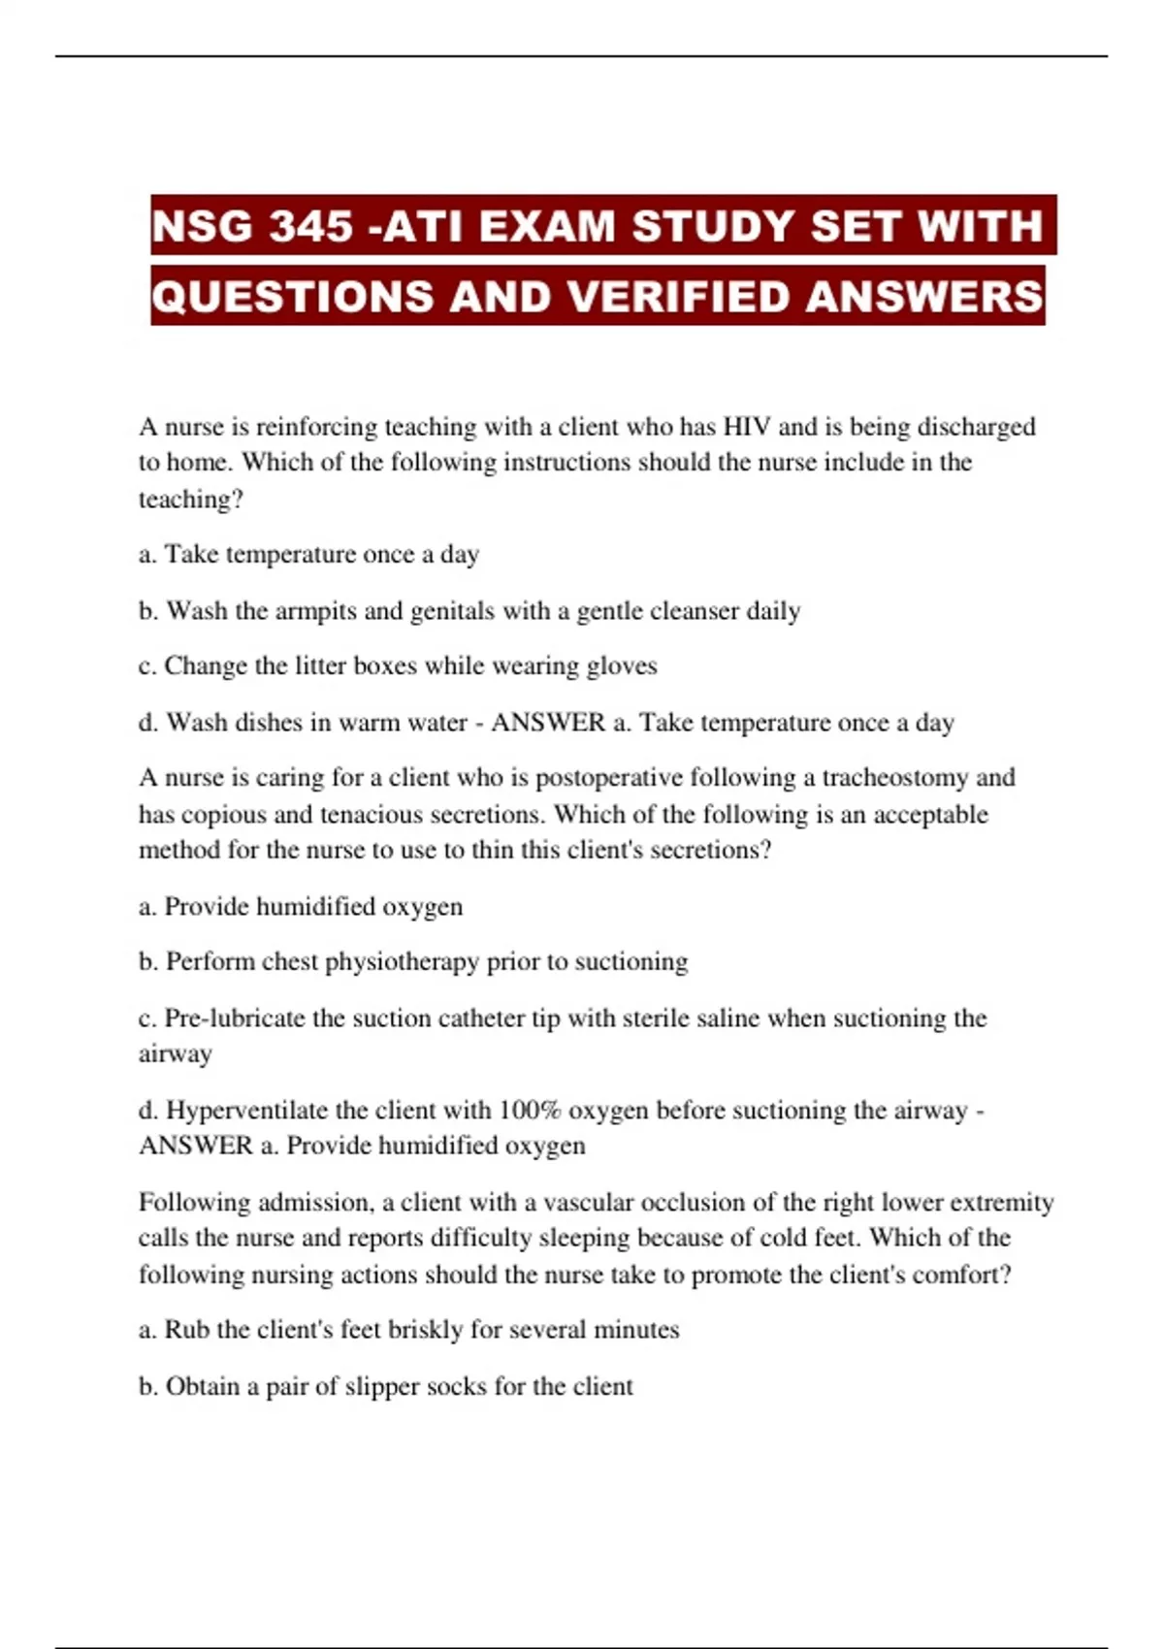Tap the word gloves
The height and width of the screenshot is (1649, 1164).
623,666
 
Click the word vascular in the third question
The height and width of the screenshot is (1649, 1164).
591,1203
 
